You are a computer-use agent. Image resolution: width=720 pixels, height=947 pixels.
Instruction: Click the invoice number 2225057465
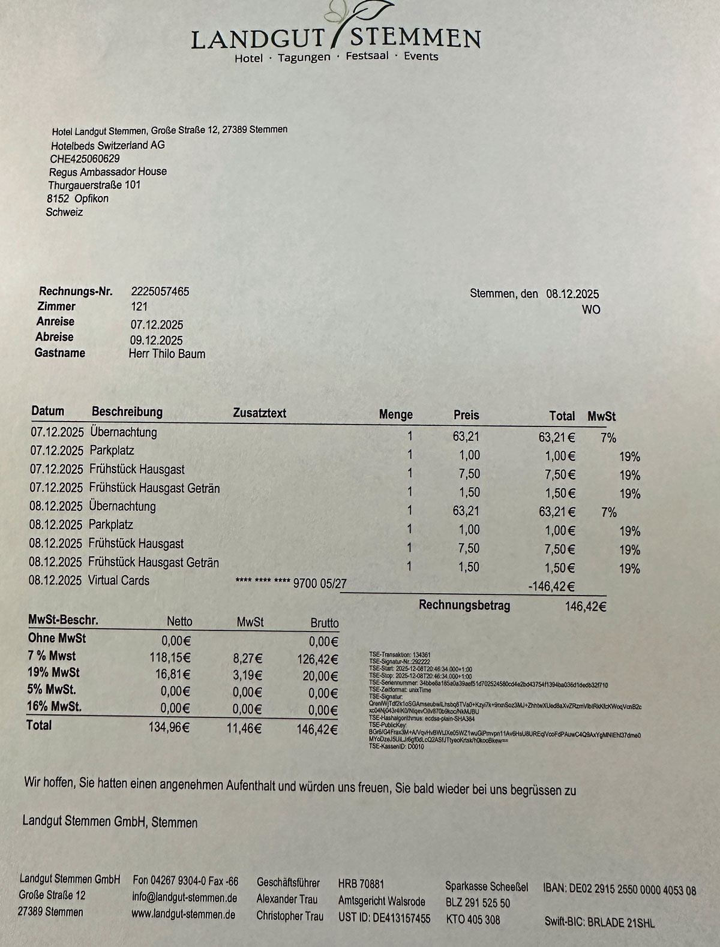pyautogui.click(x=160, y=291)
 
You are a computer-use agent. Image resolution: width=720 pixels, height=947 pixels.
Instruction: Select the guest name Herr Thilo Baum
pyautogui.click(x=167, y=354)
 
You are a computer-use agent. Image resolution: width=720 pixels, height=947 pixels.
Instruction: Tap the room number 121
pyautogui.click(x=139, y=307)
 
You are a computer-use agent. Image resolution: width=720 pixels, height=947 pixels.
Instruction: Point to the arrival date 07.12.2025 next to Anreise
pyautogui.click(x=157, y=325)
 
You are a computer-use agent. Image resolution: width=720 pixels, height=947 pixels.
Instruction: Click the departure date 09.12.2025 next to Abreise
pyautogui.click(x=157, y=341)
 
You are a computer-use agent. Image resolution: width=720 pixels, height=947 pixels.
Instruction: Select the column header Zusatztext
pyautogui.click(x=259, y=413)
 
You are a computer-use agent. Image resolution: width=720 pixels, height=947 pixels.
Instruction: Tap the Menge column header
pyautogui.click(x=395, y=414)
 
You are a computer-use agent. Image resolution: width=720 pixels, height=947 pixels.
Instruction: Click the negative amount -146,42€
pyautogui.click(x=551, y=587)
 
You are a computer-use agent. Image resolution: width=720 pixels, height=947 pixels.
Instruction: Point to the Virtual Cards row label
pyautogui.click(x=119, y=581)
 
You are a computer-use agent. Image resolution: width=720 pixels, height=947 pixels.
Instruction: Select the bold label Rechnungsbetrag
pyautogui.click(x=464, y=605)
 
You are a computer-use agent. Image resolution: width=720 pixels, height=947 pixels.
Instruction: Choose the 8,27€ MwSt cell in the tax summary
pyautogui.click(x=247, y=659)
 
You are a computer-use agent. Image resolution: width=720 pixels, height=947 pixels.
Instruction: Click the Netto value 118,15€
pyautogui.click(x=170, y=658)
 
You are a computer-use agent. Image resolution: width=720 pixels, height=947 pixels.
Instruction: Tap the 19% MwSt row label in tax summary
pyautogui.click(x=53, y=672)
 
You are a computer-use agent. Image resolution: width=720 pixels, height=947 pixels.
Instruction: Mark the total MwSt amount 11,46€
pyautogui.click(x=245, y=729)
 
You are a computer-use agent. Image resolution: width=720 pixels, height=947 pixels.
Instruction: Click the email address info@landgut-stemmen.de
pyautogui.click(x=184, y=898)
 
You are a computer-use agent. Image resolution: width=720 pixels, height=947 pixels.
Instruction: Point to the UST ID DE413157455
pyautogui.click(x=384, y=918)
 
